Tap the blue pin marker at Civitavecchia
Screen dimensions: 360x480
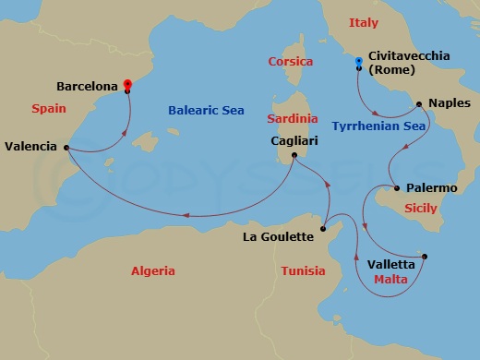tap(359, 64)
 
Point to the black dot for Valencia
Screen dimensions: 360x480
tap(66, 146)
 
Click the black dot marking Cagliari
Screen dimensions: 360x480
tap(294, 155)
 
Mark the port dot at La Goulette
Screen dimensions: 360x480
tap(322, 228)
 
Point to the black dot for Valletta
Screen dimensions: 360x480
tap(425, 257)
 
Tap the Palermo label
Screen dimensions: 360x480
tap(431, 188)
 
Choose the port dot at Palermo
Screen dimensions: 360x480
tap(397, 188)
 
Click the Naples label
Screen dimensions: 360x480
tap(450, 104)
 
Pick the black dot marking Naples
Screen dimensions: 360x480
tap(419, 103)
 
